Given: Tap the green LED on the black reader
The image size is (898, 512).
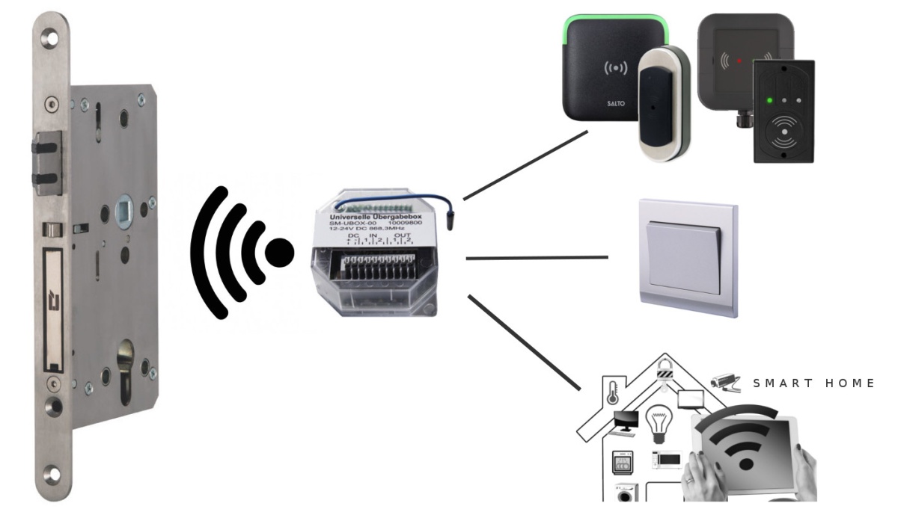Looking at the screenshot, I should point(768,99).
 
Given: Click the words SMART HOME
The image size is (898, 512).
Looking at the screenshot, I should point(813,383).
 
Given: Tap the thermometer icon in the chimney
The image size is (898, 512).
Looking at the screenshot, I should point(612,392).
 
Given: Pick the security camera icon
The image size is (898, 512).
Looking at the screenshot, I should point(724,381).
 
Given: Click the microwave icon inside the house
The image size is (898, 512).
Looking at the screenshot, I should point(665,460).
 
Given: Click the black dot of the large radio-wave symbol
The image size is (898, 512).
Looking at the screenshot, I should point(280,252).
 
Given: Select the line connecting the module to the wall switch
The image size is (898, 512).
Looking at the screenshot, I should point(537,258).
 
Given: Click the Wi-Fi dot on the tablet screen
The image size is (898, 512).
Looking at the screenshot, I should point(745,463).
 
